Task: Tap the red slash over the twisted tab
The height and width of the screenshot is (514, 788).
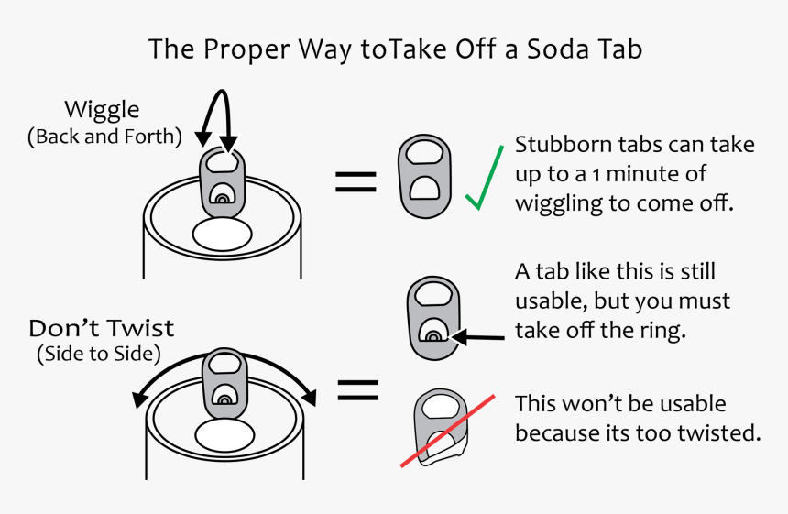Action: point(447,432)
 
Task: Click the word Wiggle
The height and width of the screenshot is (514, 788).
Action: point(102,110)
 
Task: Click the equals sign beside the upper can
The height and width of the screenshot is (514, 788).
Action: point(356,182)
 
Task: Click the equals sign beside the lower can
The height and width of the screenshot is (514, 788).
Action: point(358,389)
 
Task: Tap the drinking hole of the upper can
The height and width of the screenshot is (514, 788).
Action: point(222,235)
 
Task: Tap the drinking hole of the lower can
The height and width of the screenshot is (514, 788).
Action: point(224,435)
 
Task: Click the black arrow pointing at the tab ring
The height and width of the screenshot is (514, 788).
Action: point(478,337)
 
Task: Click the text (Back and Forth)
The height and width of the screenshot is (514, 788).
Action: point(104,137)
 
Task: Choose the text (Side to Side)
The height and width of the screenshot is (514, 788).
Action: point(99,354)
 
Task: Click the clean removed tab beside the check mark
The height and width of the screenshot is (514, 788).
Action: point(424,176)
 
